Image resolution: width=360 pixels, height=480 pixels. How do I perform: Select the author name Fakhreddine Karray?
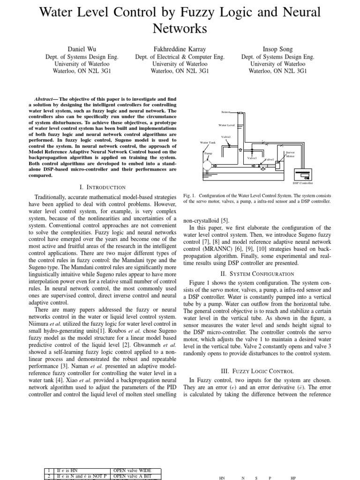[180, 49]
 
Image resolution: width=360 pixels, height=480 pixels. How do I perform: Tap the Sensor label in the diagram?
[226, 112]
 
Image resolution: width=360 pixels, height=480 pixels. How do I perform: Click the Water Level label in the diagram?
[227, 125]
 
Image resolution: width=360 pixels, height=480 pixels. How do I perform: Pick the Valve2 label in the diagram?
[226, 136]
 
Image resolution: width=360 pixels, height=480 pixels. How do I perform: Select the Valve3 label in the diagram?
[252, 158]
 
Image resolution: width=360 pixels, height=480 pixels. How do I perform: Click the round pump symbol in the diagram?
[207, 165]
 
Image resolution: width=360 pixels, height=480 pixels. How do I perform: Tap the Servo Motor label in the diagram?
[290, 154]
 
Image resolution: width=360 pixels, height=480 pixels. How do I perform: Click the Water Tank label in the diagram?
[207, 142]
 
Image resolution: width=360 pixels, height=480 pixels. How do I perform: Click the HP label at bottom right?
[293, 478]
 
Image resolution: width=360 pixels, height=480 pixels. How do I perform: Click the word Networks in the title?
[180, 28]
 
